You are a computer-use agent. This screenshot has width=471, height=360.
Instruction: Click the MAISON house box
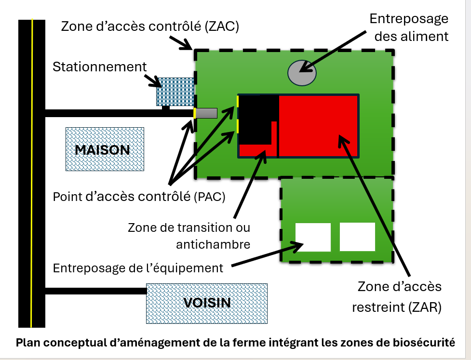pos(105,149)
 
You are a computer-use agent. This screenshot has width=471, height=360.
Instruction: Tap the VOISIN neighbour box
pos(207,304)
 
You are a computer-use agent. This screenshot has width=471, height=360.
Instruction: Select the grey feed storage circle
pos(302,73)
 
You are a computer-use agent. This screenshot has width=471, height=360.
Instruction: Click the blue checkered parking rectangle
pos(175,92)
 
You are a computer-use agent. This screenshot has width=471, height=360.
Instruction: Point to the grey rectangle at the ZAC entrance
pos(206,113)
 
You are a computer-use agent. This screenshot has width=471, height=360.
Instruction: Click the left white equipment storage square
pos(313,237)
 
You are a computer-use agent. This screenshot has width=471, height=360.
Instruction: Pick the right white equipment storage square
pos(357,237)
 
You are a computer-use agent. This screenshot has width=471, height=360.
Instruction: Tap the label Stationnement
pos(99,67)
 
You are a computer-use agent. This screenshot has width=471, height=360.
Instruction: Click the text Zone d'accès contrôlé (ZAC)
pos(150,27)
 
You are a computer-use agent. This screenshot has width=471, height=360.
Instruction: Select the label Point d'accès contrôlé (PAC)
pos(139,197)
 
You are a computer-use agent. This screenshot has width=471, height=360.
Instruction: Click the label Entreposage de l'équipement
pos(138,268)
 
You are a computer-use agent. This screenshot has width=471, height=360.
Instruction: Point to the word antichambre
pos(213,244)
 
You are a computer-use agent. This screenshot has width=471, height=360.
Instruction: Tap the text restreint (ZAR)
pos(397,307)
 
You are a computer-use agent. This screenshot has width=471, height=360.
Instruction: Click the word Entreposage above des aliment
pos(409,19)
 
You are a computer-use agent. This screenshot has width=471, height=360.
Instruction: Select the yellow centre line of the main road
pos(31,173)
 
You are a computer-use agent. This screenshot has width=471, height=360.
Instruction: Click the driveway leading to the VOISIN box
pos(96,291)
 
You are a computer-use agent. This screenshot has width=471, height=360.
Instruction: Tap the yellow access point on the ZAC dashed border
pos(194,113)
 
